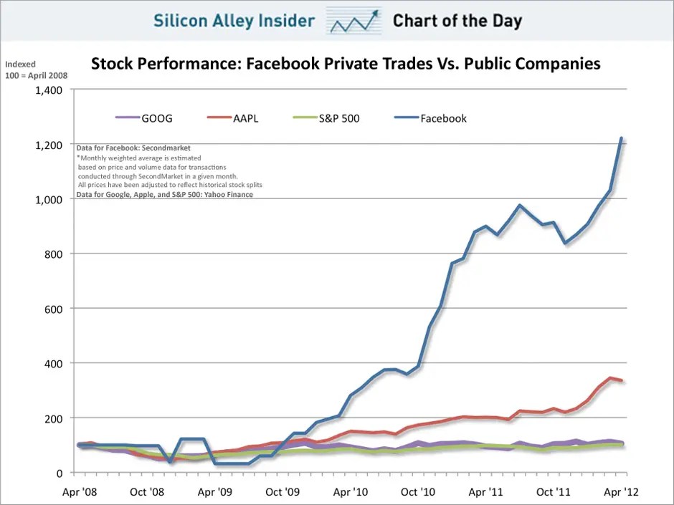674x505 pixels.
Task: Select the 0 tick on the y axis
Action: tap(59, 473)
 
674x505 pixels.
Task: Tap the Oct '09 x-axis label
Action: tap(283, 492)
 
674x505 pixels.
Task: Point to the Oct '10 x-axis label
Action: tap(418, 492)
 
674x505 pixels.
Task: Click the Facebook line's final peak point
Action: tap(621, 138)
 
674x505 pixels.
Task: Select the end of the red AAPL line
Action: tap(622, 380)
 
